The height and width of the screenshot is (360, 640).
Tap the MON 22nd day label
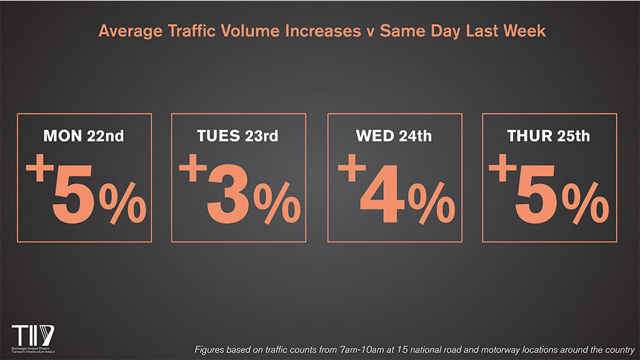coord(84,136)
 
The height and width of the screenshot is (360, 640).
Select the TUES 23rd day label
coord(238,136)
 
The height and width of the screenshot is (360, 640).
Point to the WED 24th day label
coord(394,136)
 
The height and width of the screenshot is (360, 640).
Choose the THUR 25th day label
coord(549,136)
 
